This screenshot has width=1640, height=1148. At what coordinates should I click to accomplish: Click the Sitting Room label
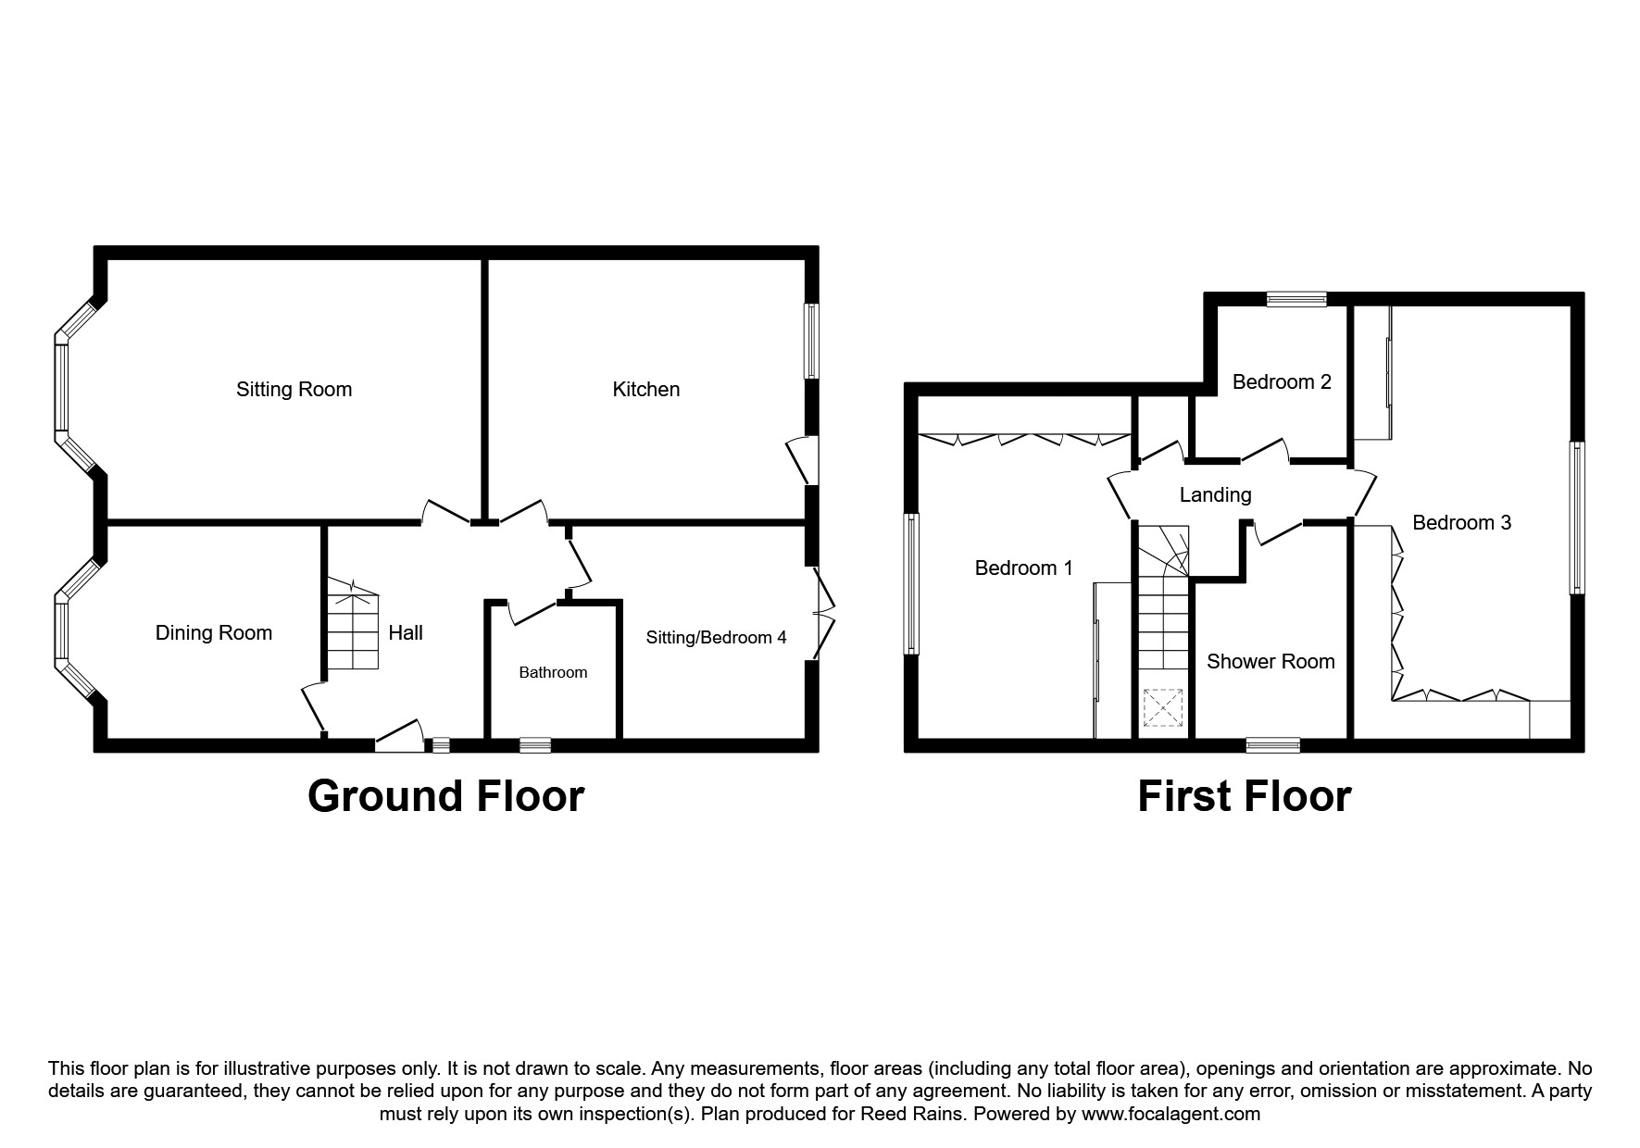click(294, 389)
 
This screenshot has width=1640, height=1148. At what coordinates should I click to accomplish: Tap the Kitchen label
click(645, 389)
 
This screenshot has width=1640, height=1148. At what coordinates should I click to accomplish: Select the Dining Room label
click(213, 632)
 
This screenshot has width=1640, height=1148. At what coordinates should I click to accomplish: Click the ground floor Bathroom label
click(553, 672)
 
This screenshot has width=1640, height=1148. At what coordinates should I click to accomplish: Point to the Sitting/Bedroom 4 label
click(716, 637)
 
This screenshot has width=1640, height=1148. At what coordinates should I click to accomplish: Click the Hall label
click(406, 632)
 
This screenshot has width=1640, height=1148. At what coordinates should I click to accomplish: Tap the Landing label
click(1215, 494)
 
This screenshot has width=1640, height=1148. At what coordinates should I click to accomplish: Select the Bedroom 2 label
click(1282, 381)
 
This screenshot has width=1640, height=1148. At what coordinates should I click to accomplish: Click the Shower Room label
click(1271, 661)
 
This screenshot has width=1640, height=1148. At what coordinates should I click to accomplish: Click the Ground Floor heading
click(445, 796)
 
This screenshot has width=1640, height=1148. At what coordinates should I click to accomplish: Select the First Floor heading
click(1244, 796)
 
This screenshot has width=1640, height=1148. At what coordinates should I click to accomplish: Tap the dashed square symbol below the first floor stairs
click(1163, 709)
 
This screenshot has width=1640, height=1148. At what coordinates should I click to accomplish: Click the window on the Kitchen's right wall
click(811, 340)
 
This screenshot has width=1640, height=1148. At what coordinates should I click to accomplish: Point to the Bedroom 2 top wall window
click(1296, 299)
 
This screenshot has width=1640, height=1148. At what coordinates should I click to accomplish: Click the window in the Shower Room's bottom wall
click(1272, 743)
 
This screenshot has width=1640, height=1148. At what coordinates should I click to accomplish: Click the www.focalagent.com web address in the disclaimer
click(1171, 1114)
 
